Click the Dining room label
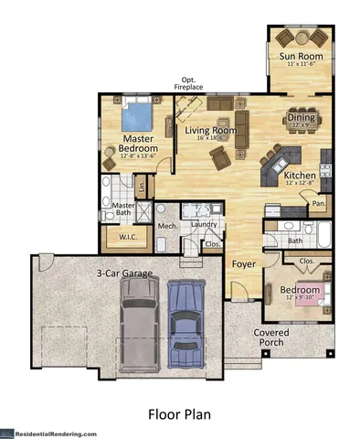click(301, 117)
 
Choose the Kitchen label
click(300, 175)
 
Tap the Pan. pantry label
click(319, 205)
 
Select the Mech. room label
click(166, 224)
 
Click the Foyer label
click(242, 265)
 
